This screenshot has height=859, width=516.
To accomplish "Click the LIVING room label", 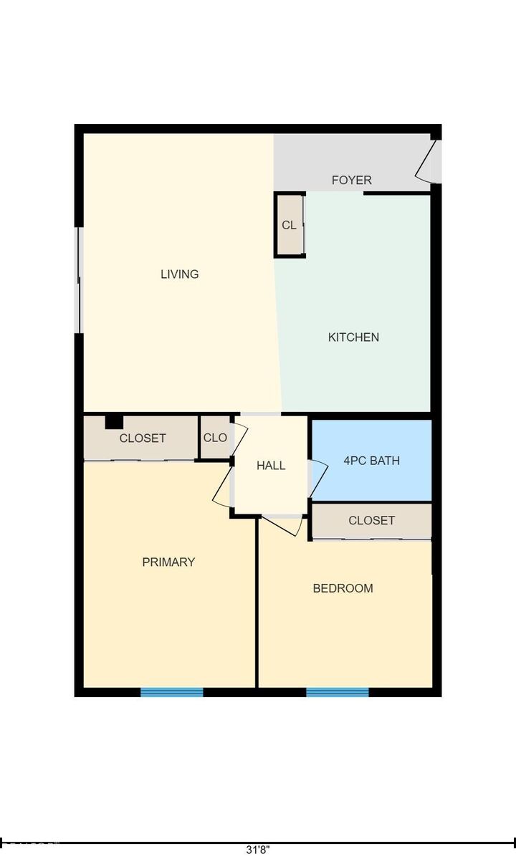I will tap(179, 274).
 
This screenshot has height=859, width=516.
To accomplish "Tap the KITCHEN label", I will tap(353, 337).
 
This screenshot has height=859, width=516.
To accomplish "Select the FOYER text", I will tap(351, 180).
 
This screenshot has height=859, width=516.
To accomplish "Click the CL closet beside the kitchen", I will tap(289, 225).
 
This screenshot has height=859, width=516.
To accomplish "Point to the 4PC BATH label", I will tap(371, 461).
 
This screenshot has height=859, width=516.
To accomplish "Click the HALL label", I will tap(271, 465).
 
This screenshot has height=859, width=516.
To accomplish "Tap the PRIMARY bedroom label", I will tap(168, 562).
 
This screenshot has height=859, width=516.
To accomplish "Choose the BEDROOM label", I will tap(343, 588).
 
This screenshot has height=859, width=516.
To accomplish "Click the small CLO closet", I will tap(215, 438).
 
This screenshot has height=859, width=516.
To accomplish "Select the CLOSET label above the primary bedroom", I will tap(143, 438).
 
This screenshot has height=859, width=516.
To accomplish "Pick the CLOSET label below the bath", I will tap(371, 520).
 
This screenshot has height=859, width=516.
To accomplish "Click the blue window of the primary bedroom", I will tap(171, 692).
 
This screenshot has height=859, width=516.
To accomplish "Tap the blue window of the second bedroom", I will tap(337, 692).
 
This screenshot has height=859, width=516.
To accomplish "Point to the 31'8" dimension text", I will tap(258, 850).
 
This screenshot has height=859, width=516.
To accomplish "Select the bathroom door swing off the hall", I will tap(318, 477).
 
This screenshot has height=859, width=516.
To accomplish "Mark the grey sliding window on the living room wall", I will tap(80, 280).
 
